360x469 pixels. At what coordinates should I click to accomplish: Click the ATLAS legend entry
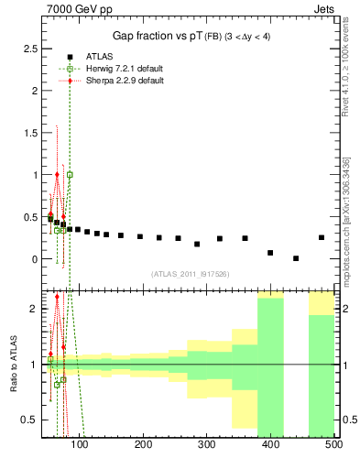tap(93, 55)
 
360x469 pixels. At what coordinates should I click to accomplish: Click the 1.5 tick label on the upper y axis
tap(30, 132)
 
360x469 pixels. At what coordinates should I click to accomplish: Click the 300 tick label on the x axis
tap(206, 444)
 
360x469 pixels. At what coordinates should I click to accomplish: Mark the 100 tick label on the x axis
tap(80, 444)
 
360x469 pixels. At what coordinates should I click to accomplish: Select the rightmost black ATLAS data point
tap(321, 237)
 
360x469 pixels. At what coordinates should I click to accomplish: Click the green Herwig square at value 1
tap(70, 174)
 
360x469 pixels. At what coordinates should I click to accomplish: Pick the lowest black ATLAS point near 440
tap(296, 258)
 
